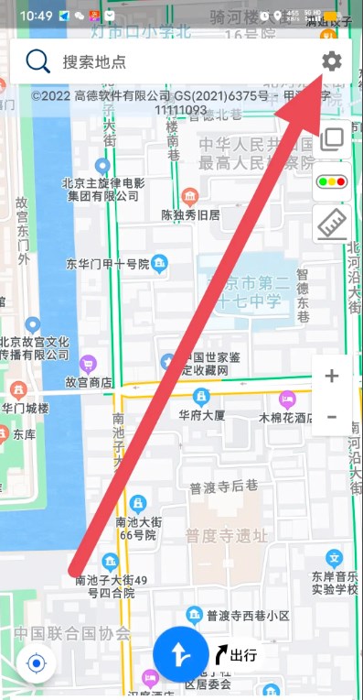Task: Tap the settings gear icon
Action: (331, 61)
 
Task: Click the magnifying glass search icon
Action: (37, 61)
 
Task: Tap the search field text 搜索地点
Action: (94, 62)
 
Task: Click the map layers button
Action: (331, 140)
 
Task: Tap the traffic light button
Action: (331, 181)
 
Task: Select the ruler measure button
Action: (331, 223)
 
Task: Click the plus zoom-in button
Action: (331, 376)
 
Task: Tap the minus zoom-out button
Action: (331, 418)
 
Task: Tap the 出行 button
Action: (236, 654)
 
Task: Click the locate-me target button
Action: (37, 663)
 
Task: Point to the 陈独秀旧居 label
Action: (190, 215)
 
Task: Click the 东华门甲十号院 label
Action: (107, 265)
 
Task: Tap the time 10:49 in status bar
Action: (35, 16)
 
